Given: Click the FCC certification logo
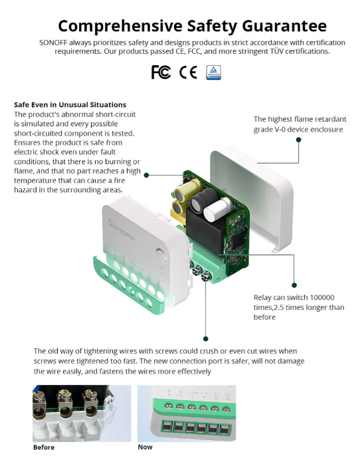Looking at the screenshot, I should click(x=161, y=72).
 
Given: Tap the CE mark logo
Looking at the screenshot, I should click(x=188, y=72).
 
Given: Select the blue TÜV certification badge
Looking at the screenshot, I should click(x=214, y=72).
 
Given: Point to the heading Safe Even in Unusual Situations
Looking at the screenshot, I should click(x=70, y=104).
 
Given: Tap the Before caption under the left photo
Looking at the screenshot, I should click(x=44, y=447).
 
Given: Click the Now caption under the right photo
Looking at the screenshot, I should click(x=145, y=447).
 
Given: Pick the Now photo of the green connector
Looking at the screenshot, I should click(x=186, y=413).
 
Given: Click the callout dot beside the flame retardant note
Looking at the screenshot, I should click(x=298, y=140).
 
